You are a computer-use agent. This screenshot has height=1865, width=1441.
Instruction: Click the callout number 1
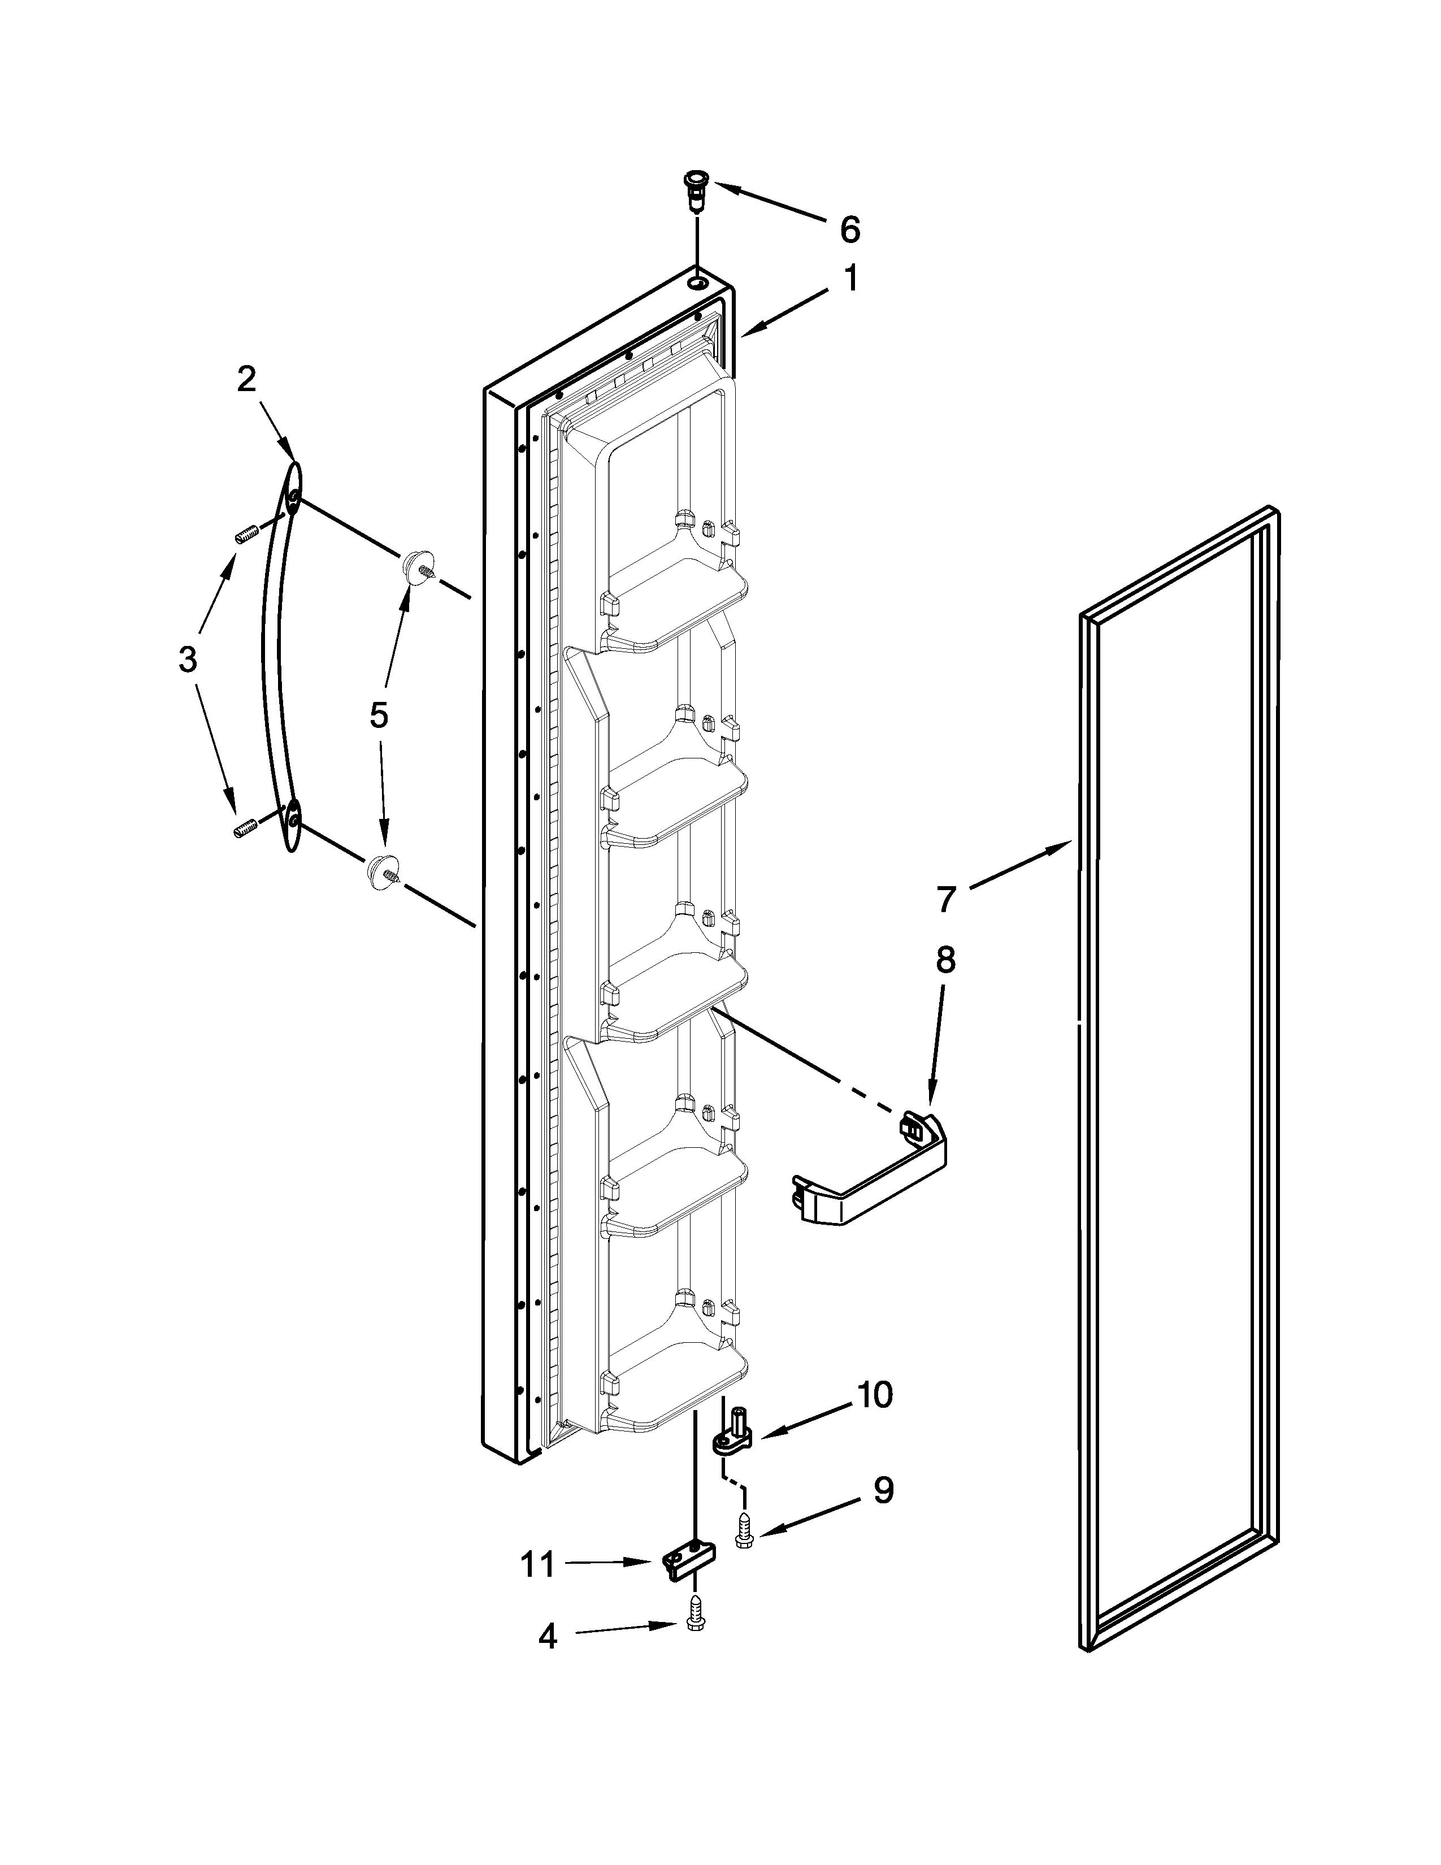[851, 279]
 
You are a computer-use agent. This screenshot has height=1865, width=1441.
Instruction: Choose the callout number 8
[945, 961]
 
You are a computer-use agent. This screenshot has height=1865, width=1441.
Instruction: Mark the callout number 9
[884, 1491]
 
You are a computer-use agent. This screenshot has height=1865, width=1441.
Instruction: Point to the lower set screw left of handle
[246, 829]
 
